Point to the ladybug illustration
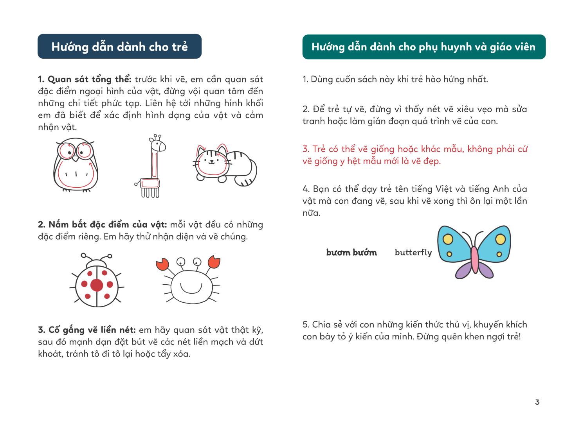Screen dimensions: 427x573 pyautogui.click(x=97, y=281)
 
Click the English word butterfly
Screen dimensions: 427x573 pyautogui.click(x=413, y=252)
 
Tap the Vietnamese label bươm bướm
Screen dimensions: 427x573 pyautogui.click(x=351, y=252)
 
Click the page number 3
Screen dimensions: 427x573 pyautogui.click(x=537, y=402)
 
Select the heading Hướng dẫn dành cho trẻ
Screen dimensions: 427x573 pyautogui.click(x=119, y=47)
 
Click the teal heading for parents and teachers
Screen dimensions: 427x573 pyautogui.click(x=423, y=47)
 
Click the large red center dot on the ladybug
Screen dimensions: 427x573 pyautogui.click(x=97, y=285)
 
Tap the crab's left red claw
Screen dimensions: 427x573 pyautogui.click(x=162, y=264)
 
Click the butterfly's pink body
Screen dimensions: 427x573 pyautogui.click(x=474, y=259)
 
